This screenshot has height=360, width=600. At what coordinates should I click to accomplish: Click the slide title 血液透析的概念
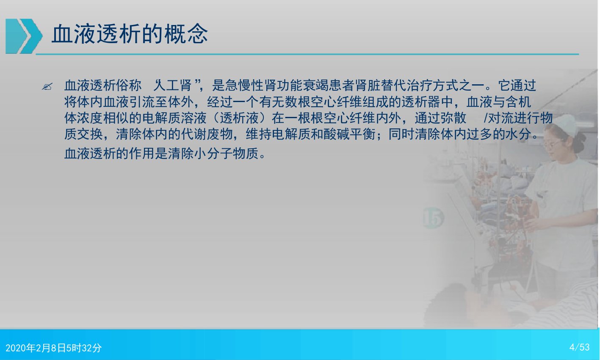130,34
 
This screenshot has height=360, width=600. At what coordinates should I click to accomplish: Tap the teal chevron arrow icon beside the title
24,36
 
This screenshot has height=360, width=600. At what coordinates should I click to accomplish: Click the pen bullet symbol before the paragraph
47,86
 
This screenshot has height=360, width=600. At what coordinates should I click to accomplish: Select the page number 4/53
579,347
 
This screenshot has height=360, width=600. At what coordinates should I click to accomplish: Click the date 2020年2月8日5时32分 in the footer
54,348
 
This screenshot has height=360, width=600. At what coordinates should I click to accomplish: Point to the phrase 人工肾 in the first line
172,86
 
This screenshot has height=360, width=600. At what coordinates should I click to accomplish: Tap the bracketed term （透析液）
239,118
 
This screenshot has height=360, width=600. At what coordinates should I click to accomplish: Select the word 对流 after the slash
501,118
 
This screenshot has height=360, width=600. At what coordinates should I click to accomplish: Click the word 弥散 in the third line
453,118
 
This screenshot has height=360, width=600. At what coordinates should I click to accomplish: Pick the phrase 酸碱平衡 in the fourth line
349,134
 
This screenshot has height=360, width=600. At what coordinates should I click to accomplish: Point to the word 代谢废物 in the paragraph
207,134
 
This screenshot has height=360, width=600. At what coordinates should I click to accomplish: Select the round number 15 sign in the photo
433,218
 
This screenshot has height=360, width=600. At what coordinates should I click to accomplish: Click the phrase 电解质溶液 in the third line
174,118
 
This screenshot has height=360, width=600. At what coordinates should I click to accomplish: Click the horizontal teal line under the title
307,54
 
